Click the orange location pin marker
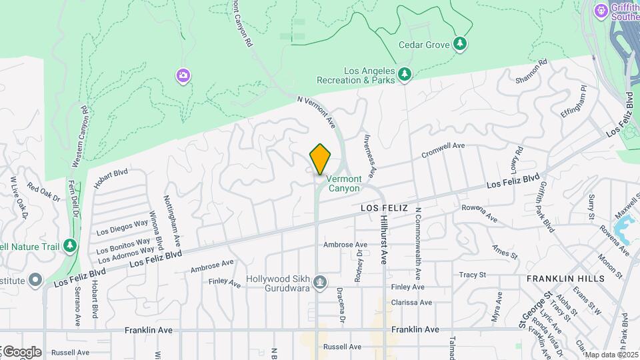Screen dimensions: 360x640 click(x=320, y=159)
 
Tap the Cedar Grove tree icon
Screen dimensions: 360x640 click(x=460, y=44)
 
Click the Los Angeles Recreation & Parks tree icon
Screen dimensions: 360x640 click(x=405, y=75)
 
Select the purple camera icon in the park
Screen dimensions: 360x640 click(x=183, y=76)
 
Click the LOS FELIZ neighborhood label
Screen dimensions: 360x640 click(x=383, y=208)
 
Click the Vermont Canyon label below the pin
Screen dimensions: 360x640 click(x=344, y=183)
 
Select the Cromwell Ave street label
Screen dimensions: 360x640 click(x=443, y=151)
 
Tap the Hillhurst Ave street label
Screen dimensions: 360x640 click(x=384, y=240)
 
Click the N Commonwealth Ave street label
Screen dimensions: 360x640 click(x=417, y=244)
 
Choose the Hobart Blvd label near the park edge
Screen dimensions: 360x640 click(x=110, y=179)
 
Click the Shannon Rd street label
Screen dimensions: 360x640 click(x=531, y=72)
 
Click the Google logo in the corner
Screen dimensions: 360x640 click(x=21, y=352)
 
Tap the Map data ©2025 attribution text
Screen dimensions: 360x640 click(x=611, y=355)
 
